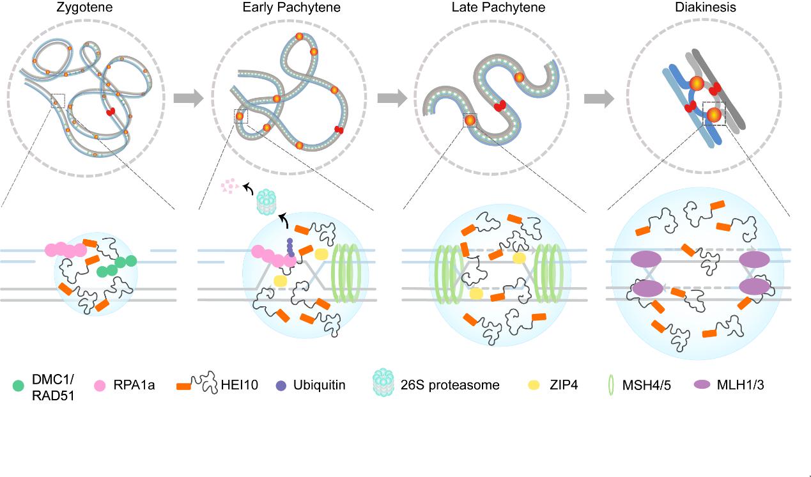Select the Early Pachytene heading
(x=291, y=8)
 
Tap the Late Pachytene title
(x=493, y=8)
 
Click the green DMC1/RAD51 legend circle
(x=19, y=386)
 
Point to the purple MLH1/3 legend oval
(x=702, y=386)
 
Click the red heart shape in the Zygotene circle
(x=111, y=113)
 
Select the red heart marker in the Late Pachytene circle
(x=498, y=105)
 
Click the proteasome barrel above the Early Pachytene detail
(x=266, y=201)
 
